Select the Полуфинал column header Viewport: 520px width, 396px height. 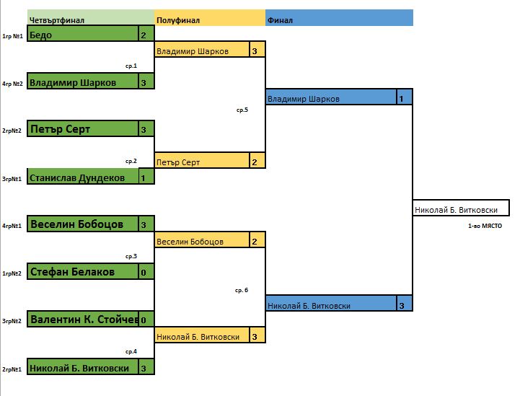pos(178,20)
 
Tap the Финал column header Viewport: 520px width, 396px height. pos(281,20)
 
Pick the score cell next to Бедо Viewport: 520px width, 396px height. pos(144,35)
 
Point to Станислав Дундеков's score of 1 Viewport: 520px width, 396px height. pos(144,177)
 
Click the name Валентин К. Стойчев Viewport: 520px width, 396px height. pos(82,320)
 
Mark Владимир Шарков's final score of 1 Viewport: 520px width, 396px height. pos(402,98)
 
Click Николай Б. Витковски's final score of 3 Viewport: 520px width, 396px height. pos(402,305)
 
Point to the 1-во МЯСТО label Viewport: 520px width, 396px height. pos(485,226)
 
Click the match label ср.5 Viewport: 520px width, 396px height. pos(242,110)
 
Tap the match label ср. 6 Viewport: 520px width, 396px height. pos(242,290)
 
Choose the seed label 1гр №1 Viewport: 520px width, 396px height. pos(12,35)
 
